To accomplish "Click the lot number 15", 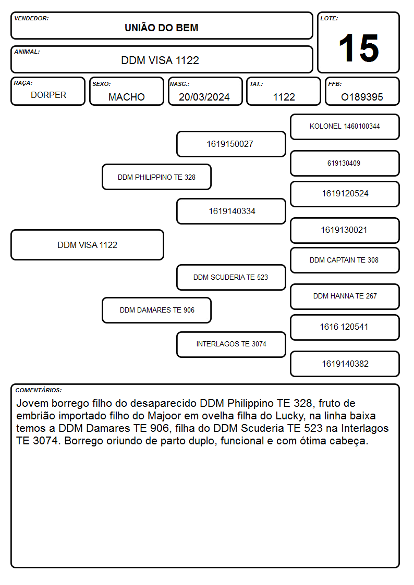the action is [x=359, y=48].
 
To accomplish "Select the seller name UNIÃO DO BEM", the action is [x=161, y=28].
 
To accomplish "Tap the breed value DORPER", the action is [x=48, y=95].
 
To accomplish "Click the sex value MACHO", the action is [x=127, y=97].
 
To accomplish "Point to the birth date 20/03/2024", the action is [x=204, y=97].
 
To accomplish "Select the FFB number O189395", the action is [x=362, y=97].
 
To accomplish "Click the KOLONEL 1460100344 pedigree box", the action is [x=345, y=127].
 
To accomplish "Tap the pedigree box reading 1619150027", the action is [x=231, y=144].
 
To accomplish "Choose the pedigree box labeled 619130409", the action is [x=345, y=163].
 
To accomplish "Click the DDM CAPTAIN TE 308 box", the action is [x=345, y=260].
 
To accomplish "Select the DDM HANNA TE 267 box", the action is [x=345, y=296].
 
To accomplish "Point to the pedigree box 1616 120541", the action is [x=345, y=327].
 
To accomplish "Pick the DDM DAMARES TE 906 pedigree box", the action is [x=157, y=310].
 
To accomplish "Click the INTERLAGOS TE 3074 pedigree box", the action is [x=231, y=344].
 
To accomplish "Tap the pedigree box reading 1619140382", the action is [x=345, y=364].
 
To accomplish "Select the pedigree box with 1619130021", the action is [x=345, y=230].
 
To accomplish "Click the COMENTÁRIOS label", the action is [x=39, y=390].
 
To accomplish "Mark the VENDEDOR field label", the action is [x=31, y=18].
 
